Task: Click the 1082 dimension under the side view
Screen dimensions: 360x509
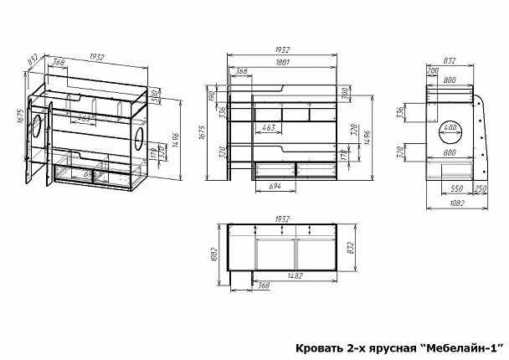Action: (457, 204)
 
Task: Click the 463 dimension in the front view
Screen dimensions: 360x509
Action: (269, 127)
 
